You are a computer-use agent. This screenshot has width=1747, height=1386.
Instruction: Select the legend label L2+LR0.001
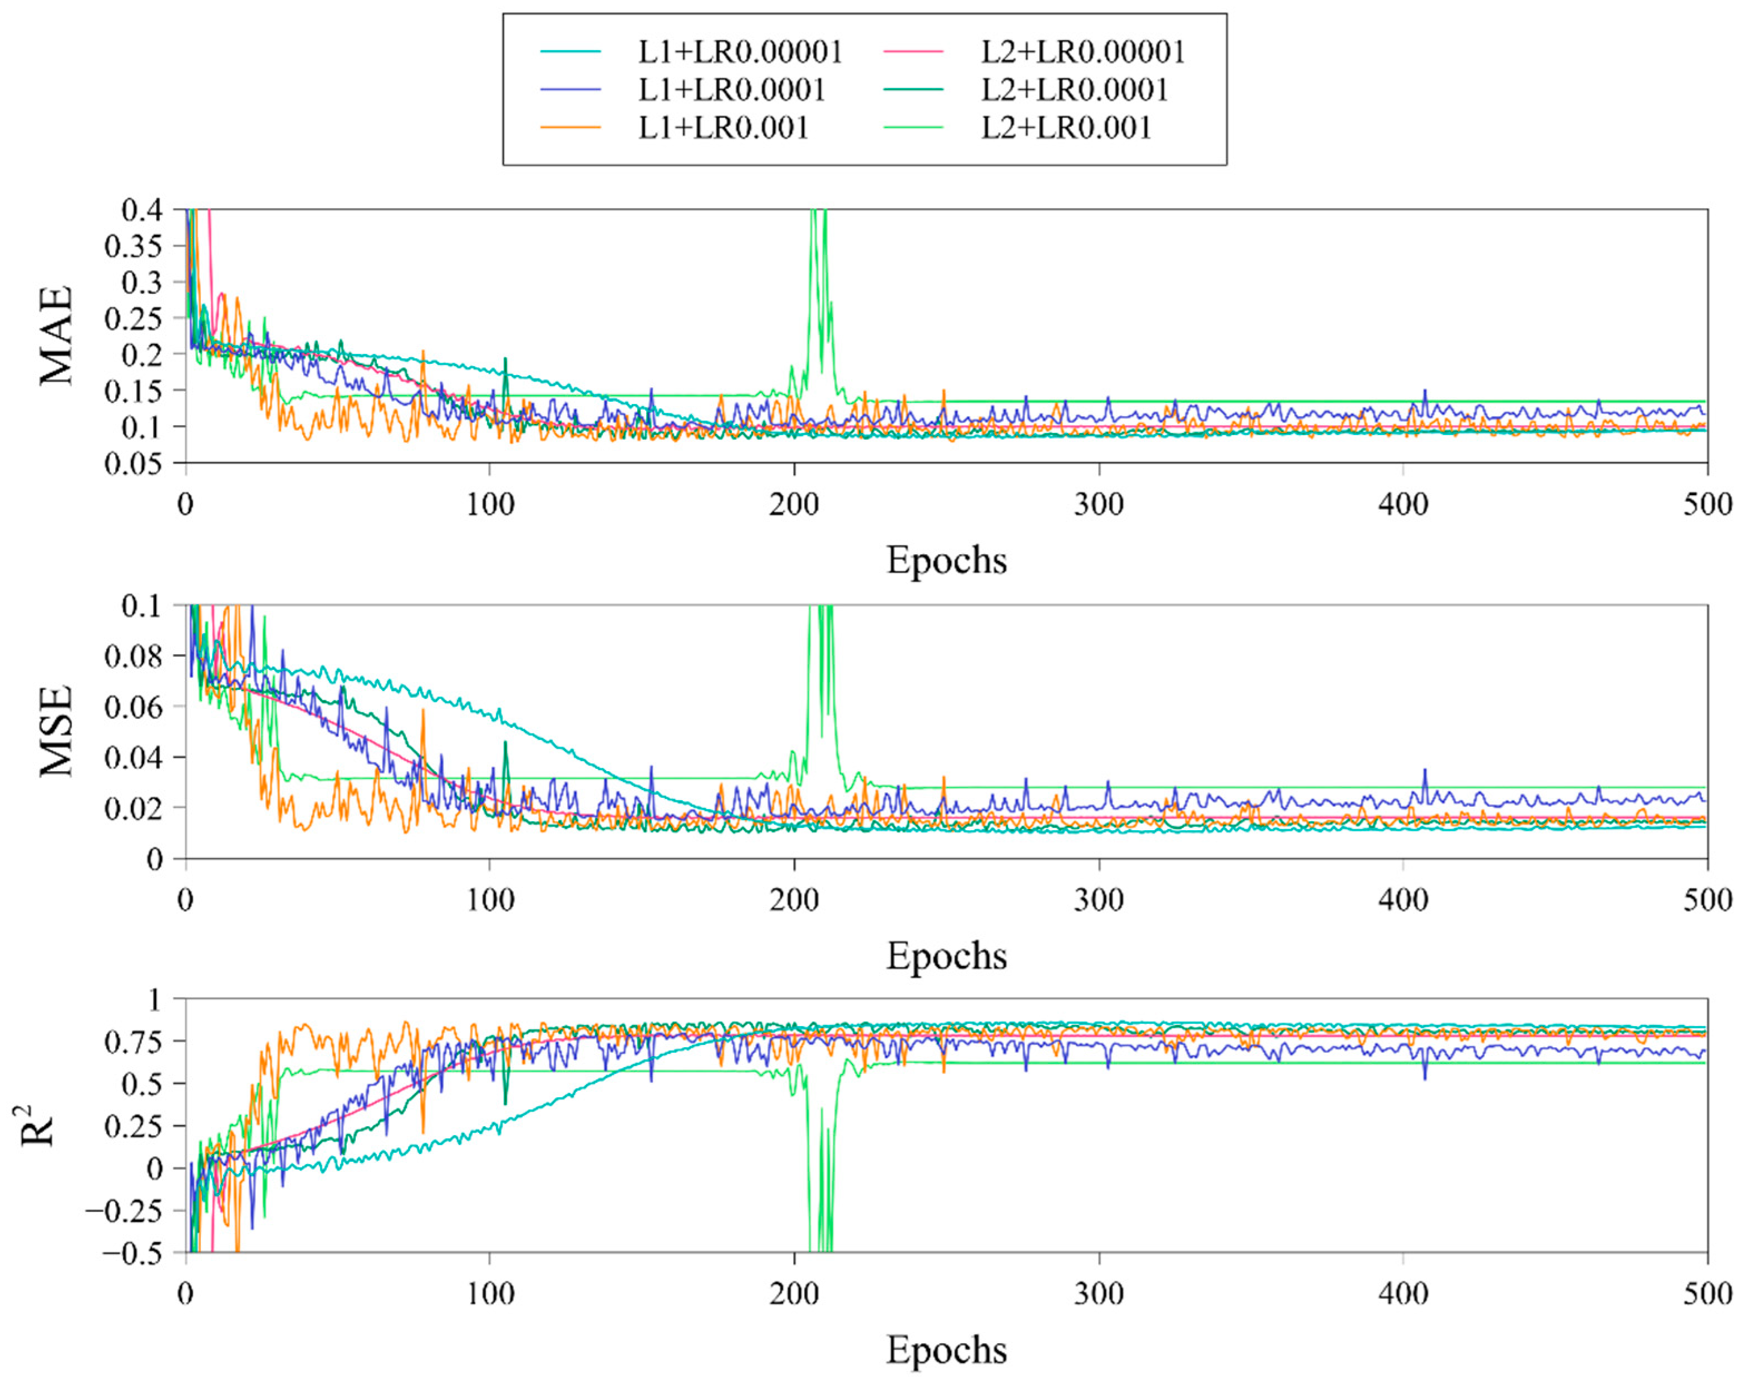(x=1066, y=128)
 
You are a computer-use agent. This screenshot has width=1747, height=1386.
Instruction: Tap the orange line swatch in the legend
(x=570, y=128)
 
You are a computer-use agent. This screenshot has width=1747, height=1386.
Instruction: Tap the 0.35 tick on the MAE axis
(x=133, y=246)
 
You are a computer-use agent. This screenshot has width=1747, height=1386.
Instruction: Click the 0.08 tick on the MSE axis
(x=133, y=656)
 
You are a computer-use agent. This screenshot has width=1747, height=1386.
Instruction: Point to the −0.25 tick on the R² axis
(x=123, y=1211)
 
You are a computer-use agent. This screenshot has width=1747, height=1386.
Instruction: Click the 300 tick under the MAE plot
(x=1099, y=505)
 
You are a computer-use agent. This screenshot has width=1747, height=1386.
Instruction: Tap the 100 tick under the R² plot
(x=489, y=1294)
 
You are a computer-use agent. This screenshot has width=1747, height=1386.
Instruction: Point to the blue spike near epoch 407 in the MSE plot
(x=1425, y=772)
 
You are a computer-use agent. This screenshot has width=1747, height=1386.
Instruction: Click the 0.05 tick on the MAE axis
(x=133, y=463)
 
